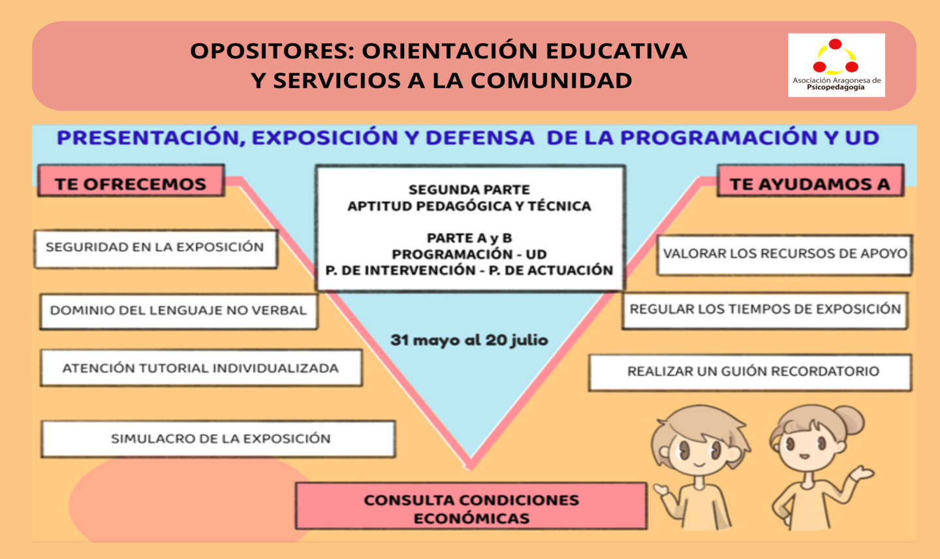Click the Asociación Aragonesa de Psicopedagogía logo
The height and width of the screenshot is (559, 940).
pyautogui.click(x=836, y=65)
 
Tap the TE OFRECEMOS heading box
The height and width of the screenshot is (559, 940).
pyautogui.click(x=131, y=180)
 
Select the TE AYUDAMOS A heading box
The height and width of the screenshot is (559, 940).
pyautogui.click(x=810, y=180)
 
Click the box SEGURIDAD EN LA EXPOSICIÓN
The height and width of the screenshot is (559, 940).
pyautogui.click(x=155, y=249)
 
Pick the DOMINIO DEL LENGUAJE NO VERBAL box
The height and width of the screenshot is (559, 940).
pyautogui.click(x=179, y=311)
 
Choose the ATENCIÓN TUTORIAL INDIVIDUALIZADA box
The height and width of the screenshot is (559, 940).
pyautogui.click(x=202, y=368)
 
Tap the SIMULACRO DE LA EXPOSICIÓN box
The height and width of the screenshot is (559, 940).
pyautogui.click(x=218, y=439)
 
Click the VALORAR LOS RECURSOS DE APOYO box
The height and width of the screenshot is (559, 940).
pyautogui.click(x=785, y=255)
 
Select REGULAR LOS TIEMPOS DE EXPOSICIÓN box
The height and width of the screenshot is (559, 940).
pyautogui.click(x=765, y=311)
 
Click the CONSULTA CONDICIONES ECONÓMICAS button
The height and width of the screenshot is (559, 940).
pyautogui.click(x=471, y=505)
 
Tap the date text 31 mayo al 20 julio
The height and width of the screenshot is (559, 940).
pyautogui.click(x=469, y=340)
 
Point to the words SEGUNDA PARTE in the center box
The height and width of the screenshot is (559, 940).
pyautogui.click(x=469, y=189)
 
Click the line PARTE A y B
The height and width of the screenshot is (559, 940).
pyautogui.click(x=469, y=238)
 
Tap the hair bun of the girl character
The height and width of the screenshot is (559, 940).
pyautogui.click(x=849, y=421)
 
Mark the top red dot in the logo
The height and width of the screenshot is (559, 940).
pyautogui.click(x=835, y=44)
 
